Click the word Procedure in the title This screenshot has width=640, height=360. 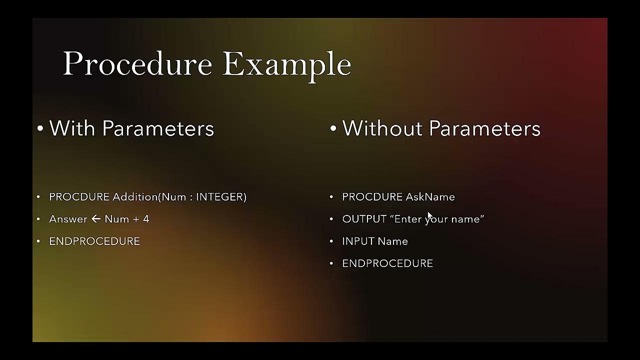pyautogui.click(x=137, y=64)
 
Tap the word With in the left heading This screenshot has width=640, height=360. pyautogui.click(x=72, y=128)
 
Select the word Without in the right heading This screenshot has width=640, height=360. pyautogui.click(x=382, y=128)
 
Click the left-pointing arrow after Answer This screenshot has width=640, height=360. pyautogui.click(x=96, y=219)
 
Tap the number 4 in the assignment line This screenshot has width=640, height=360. pyautogui.click(x=146, y=219)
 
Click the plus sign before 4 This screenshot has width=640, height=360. pyautogui.click(x=135, y=219)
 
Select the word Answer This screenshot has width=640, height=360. pyautogui.click(x=68, y=219)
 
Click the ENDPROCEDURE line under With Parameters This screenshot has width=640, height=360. pyautogui.click(x=94, y=241)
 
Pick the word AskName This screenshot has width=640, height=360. pyautogui.click(x=430, y=197)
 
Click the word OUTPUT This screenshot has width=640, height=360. pyautogui.click(x=364, y=219)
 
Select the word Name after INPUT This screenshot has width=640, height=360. pyautogui.click(x=392, y=241)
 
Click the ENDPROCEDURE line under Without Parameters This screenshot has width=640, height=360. pyautogui.click(x=387, y=263)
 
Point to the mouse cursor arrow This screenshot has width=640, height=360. pyautogui.click(x=429, y=216)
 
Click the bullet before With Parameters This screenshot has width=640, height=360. pyautogui.click(x=40, y=129)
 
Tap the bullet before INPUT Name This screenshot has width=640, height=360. pyautogui.click(x=331, y=241)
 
